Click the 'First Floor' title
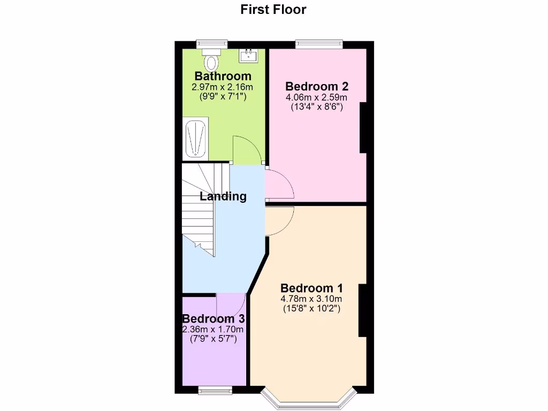[x=273, y=9]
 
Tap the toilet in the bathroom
[x=212, y=59]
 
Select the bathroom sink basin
[x=248, y=55]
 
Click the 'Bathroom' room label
[x=223, y=76]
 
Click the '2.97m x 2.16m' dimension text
[x=223, y=87]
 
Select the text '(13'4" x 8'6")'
[x=317, y=107]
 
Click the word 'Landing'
[x=223, y=196]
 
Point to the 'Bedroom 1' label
[x=311, y=288]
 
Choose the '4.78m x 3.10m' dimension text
[x=311, y=299]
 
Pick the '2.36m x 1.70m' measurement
[x=214, y=329]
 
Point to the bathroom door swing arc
[x=246, y=148]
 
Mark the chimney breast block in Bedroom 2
[x=363, y=127]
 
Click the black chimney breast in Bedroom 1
[x=362, y=310]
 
